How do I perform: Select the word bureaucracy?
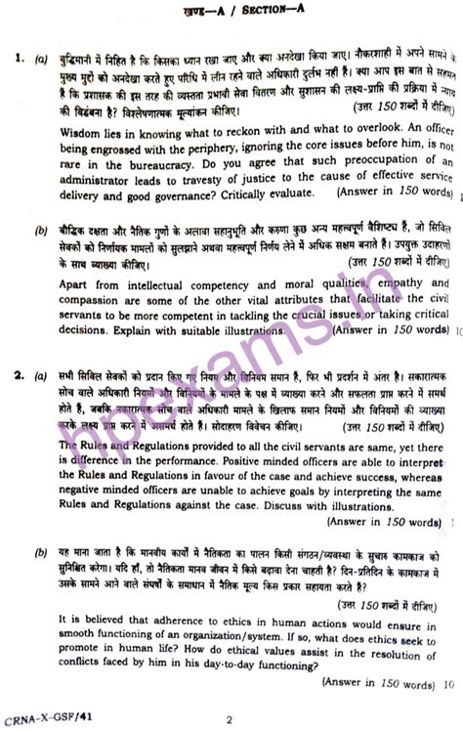tap(174, 159)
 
